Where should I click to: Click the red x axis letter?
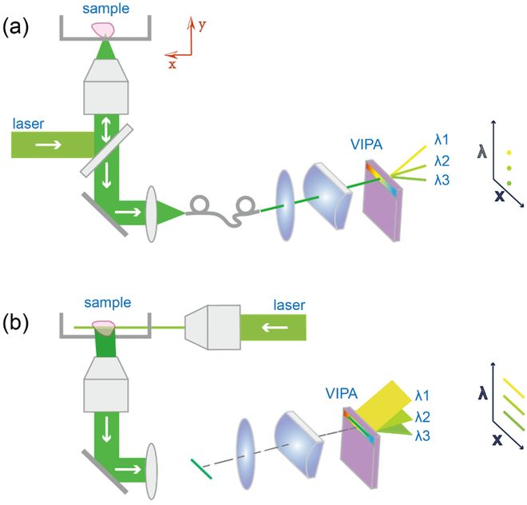tap(172, 65)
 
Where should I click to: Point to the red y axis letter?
tap(203, 26)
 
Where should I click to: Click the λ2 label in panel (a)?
tap(442, 161)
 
